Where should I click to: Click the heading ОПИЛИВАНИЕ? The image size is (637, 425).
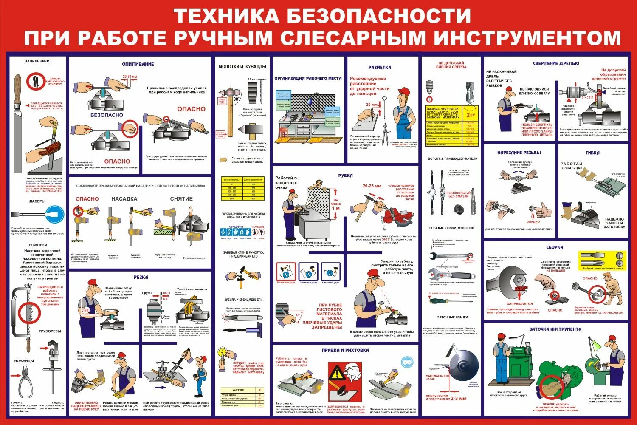pyautogui.click(x=138, y=64)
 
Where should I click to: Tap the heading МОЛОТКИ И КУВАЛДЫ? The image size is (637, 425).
pyautogui.click(x=242, y=67)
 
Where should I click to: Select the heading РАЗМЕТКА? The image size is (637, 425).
pyautogui.click(x=380, y=67)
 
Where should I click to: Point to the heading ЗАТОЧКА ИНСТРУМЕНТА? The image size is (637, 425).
pyautogui.click(x=555, y=329)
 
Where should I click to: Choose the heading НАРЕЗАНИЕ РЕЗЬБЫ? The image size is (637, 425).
pyautogui.click(x=519, y=153)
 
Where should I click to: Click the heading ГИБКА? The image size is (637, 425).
pyautogui.click(x=592, y=153)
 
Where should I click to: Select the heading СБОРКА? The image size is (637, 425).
pyautogui.click(x=555, y=247)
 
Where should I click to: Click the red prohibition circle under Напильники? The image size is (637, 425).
pyautogui.click(x=36, y=82)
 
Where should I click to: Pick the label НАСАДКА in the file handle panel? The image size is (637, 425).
pyautogui.click(x=124, y=198)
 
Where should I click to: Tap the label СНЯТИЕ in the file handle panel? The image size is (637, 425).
pyautogui.click(x=181, y=198)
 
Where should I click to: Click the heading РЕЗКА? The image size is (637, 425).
pyautogui.click(x=141, y=277)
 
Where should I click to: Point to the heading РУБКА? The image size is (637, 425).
pyautogui.click(x=345, y=176)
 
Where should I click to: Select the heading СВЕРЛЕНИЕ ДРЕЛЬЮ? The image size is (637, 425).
pyautogui.click(x=556, y=63)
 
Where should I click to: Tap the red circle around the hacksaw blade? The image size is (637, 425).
pyautogui.click(x=30, y=314)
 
